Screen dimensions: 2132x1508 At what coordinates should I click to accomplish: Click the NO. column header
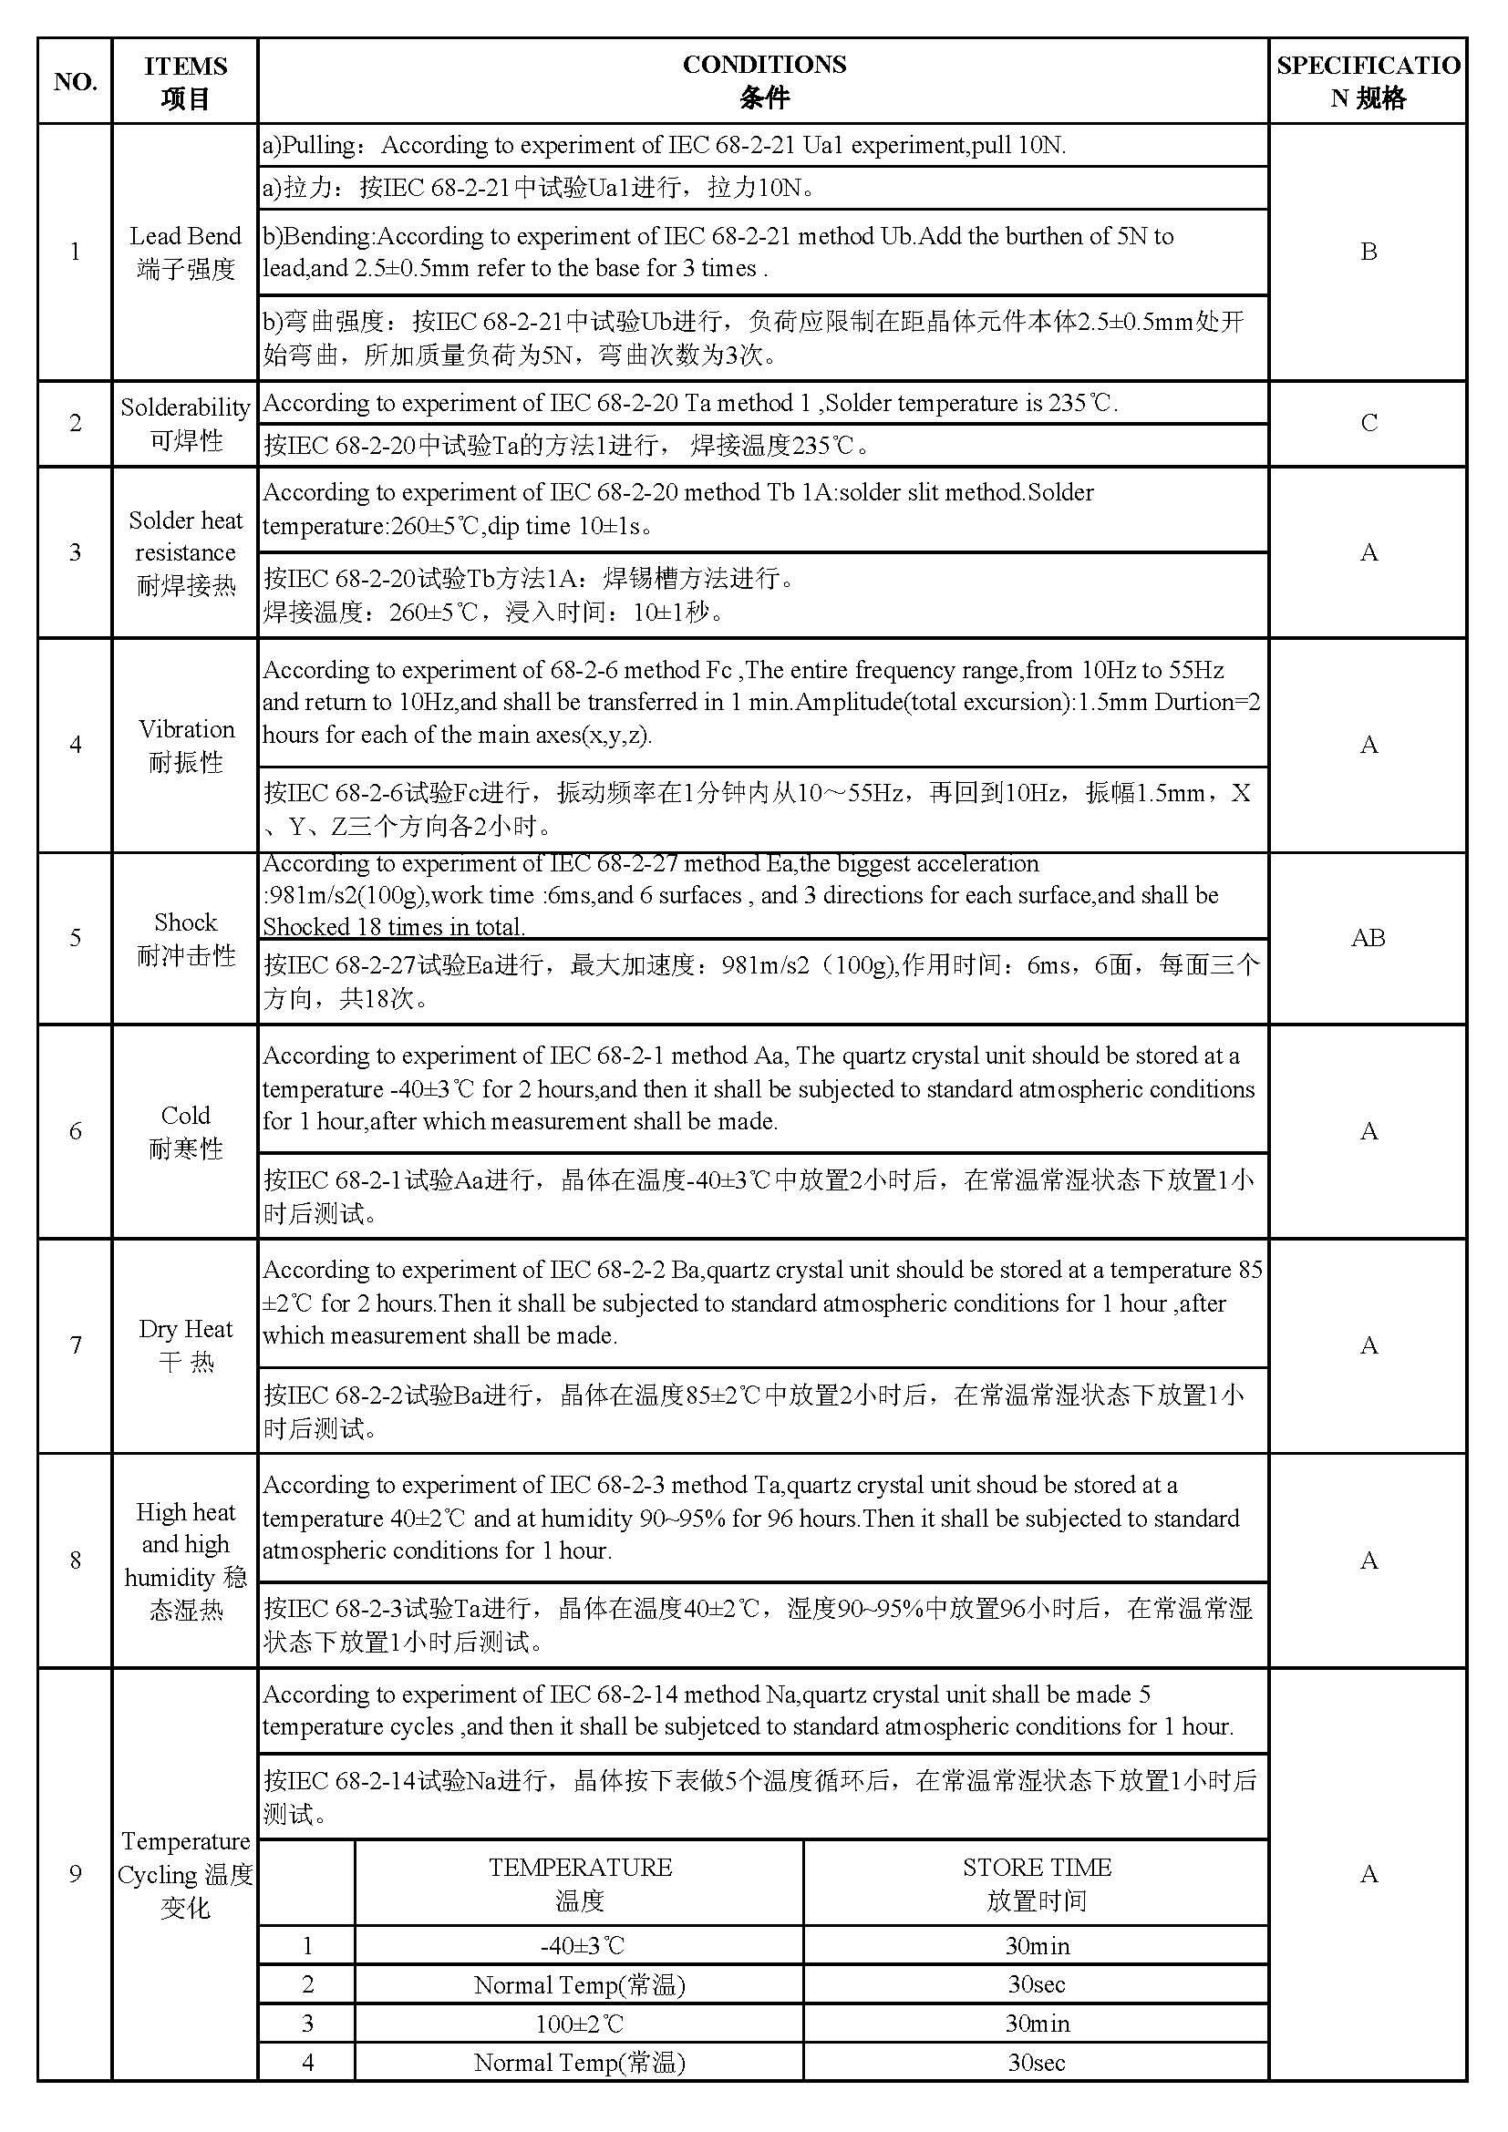point(75,82)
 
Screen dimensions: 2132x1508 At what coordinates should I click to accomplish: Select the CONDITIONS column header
point(763,81)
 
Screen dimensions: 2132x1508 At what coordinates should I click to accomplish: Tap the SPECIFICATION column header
point(1368,81)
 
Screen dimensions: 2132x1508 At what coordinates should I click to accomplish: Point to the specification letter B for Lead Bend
point(1368,252)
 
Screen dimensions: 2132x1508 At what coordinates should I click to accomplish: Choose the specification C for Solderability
point(1368,424)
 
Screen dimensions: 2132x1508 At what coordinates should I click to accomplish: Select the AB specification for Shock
point(1368,938)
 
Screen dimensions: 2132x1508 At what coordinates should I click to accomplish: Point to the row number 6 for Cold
point(75,1131)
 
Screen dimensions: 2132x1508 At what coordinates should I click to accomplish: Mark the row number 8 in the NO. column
point(75,1560)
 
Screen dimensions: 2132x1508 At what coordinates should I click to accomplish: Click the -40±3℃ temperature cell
point(580,1946)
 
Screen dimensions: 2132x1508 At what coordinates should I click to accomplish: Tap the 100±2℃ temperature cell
point(580,2024)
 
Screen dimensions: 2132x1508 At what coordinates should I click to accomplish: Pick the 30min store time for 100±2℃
point(1037,2024)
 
